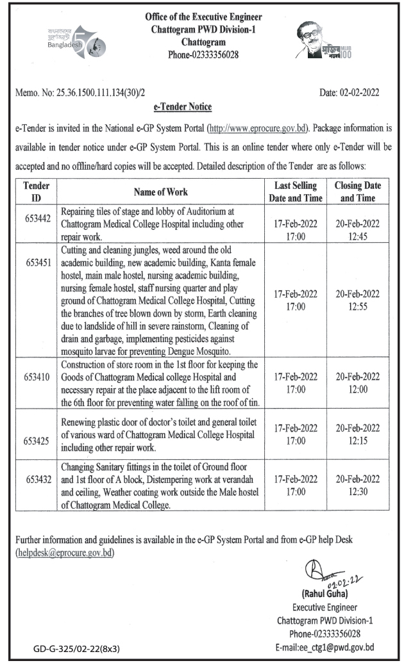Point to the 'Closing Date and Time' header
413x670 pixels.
[357, 192]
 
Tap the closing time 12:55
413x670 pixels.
[357, 306]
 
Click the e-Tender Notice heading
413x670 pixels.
[183, 106]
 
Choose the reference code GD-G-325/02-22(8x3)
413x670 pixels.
[76, 649]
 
